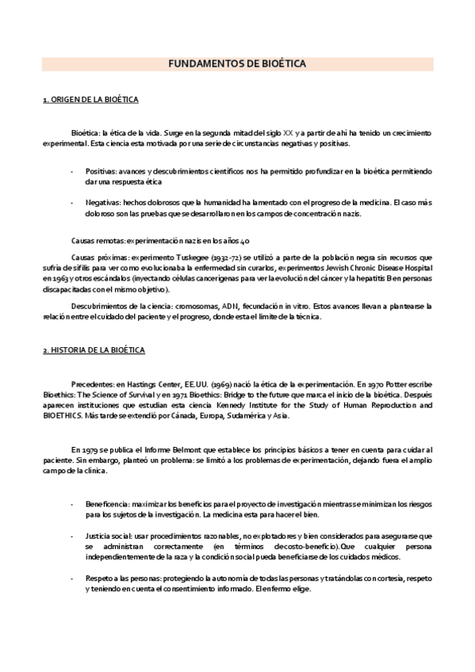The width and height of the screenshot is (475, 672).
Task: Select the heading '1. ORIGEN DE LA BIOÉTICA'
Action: coord(90,100)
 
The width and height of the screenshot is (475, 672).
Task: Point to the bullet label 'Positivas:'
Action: coord(103,170)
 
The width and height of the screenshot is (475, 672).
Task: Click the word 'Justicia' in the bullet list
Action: coord(100,536)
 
